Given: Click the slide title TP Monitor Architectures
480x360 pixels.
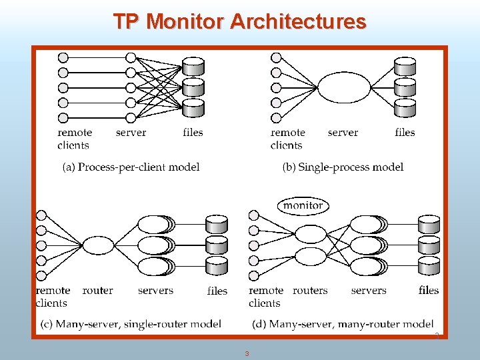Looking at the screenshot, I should (239, 21).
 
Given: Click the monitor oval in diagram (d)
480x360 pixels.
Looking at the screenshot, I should (303, 205).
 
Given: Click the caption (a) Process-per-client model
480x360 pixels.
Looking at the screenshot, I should (131, 167).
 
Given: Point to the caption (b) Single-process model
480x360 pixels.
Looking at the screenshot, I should (343, 167).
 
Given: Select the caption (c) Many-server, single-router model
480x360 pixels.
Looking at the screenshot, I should (131, 324).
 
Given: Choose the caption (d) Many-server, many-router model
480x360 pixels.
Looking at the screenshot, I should (343, 324).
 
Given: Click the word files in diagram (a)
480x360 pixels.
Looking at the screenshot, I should (193, 132).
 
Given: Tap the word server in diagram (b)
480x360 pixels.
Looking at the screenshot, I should (343, 132).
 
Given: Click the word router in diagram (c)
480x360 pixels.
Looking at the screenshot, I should (97, 290).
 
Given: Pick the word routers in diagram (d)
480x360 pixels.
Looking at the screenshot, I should (310, 290).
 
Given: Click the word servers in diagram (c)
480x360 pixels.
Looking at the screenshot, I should (155, 290).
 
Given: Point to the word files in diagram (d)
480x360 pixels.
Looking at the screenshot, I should (429, 290).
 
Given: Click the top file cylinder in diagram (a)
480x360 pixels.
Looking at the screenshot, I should (193, 66).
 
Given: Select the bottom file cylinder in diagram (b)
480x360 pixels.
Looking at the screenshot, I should (405, 107).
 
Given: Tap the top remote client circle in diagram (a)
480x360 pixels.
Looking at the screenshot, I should (63, 57).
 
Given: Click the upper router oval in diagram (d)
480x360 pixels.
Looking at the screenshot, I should (310, 234).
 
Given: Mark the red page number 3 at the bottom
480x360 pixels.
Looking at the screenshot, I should (247, 353).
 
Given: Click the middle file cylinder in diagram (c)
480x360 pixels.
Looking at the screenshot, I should (217, 245).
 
